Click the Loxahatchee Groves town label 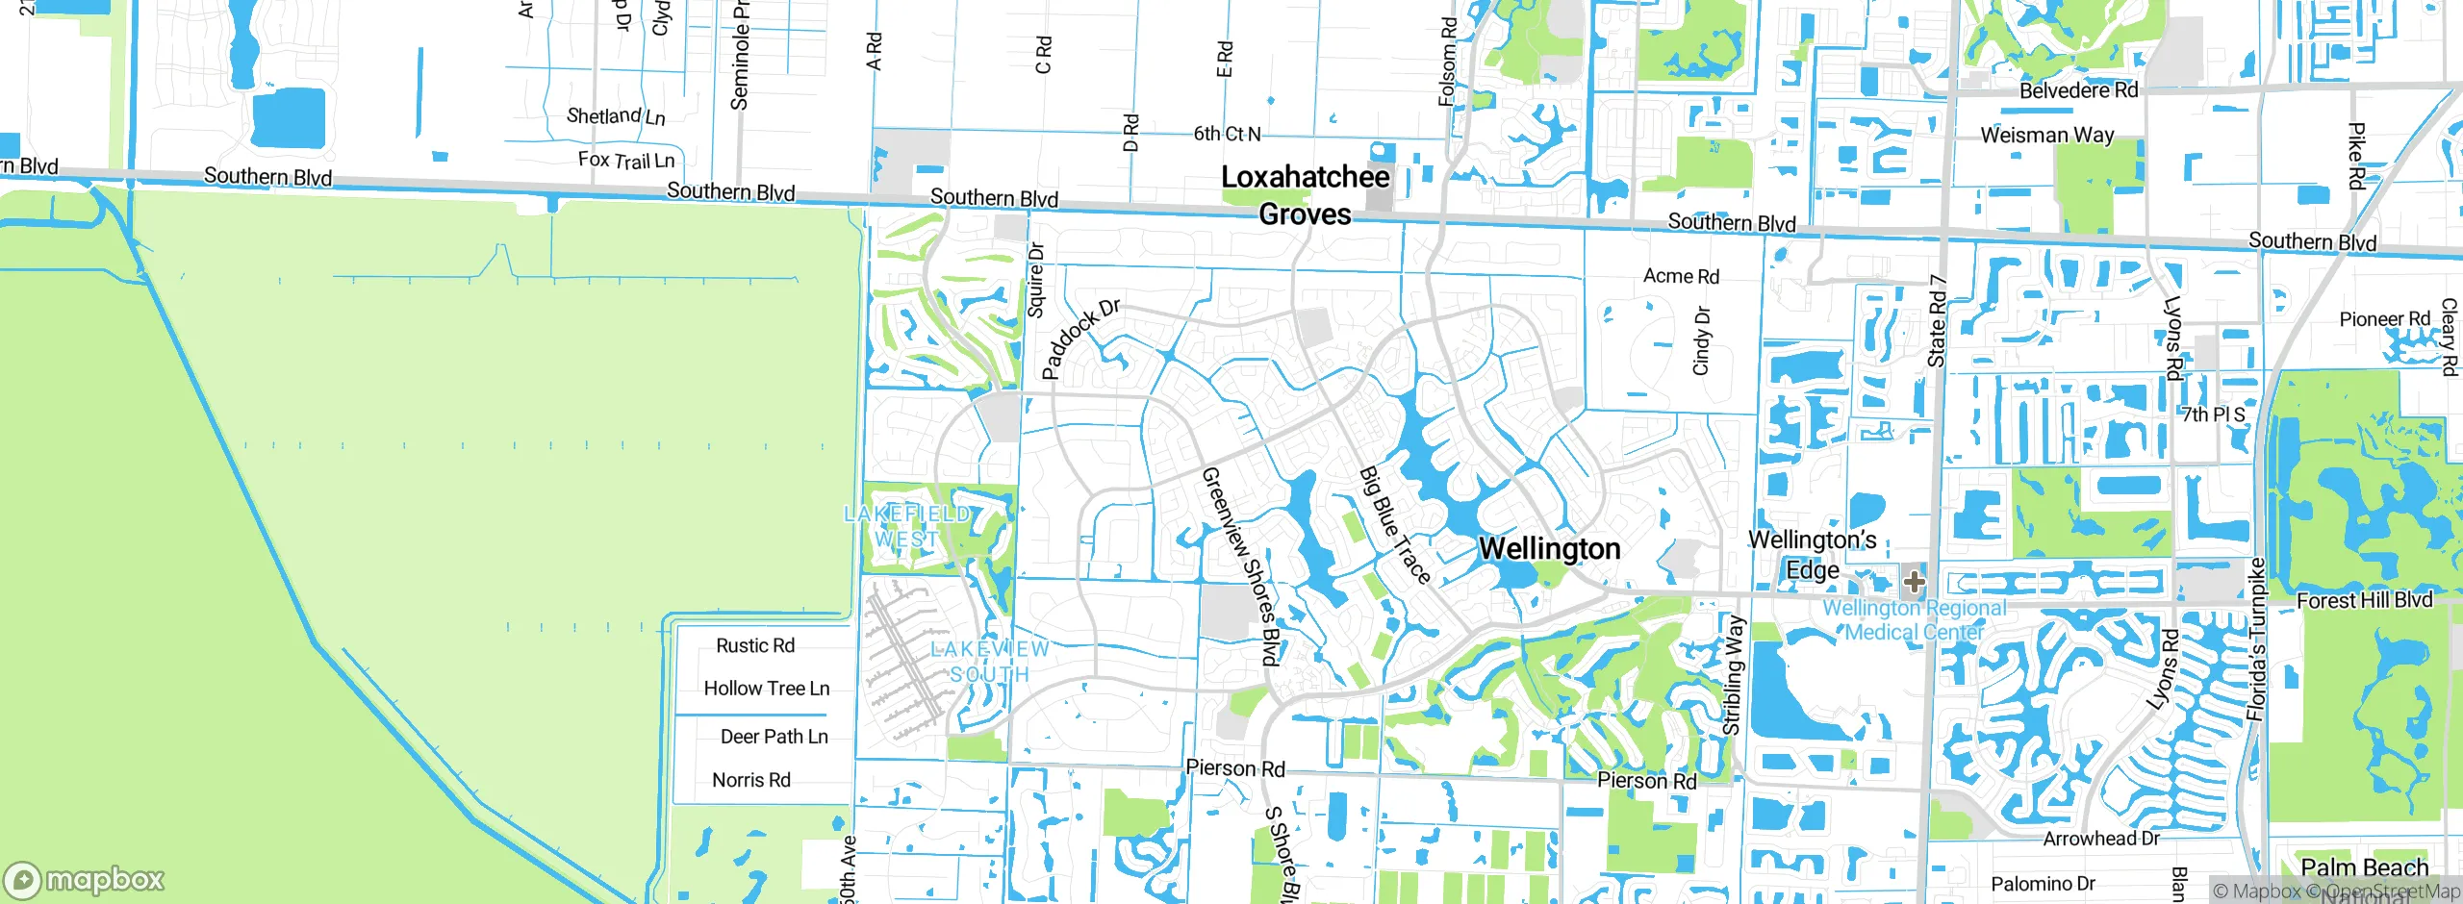point(1305,195)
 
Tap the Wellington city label point(1549,549)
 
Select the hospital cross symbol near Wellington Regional point(1914,581)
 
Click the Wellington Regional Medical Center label point(1915,620)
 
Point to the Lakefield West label point(906,526)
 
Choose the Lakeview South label point(989,662)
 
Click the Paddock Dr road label point(1080,339)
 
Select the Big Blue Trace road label point(1395,525)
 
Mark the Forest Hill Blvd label point(2364,601)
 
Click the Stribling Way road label point(1732,675)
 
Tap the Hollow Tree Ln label point(766,689)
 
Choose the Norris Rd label point(750,780)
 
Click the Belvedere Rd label point(2078,90)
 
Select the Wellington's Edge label point(1812,555)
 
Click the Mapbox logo point(85,880)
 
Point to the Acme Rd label point(1681,276)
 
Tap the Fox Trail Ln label point(625,160)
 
